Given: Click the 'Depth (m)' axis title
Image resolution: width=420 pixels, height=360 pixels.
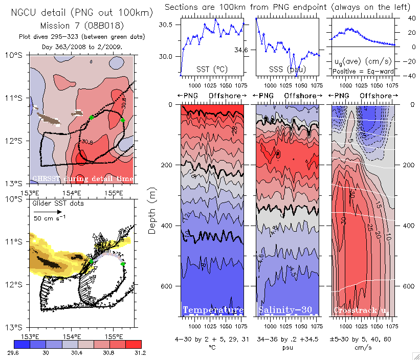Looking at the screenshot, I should [152, 210].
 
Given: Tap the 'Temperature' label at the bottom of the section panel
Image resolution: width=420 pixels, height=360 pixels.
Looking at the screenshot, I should [213, 310].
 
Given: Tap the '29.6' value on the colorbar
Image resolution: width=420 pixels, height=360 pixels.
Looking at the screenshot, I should [20, 352].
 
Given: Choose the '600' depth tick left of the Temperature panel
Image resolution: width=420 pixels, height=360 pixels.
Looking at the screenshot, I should [167, 286].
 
